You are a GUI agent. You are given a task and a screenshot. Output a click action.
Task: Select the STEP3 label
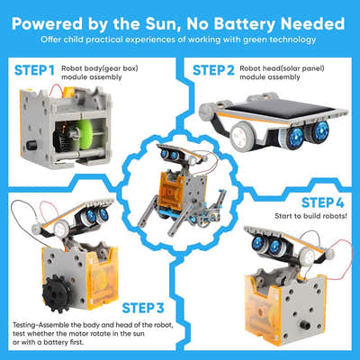click(x=154, y=308)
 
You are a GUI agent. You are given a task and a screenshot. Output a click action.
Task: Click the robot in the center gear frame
click(x=180, y=180)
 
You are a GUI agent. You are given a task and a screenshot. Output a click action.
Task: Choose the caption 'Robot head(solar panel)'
click(x=286, y=66)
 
